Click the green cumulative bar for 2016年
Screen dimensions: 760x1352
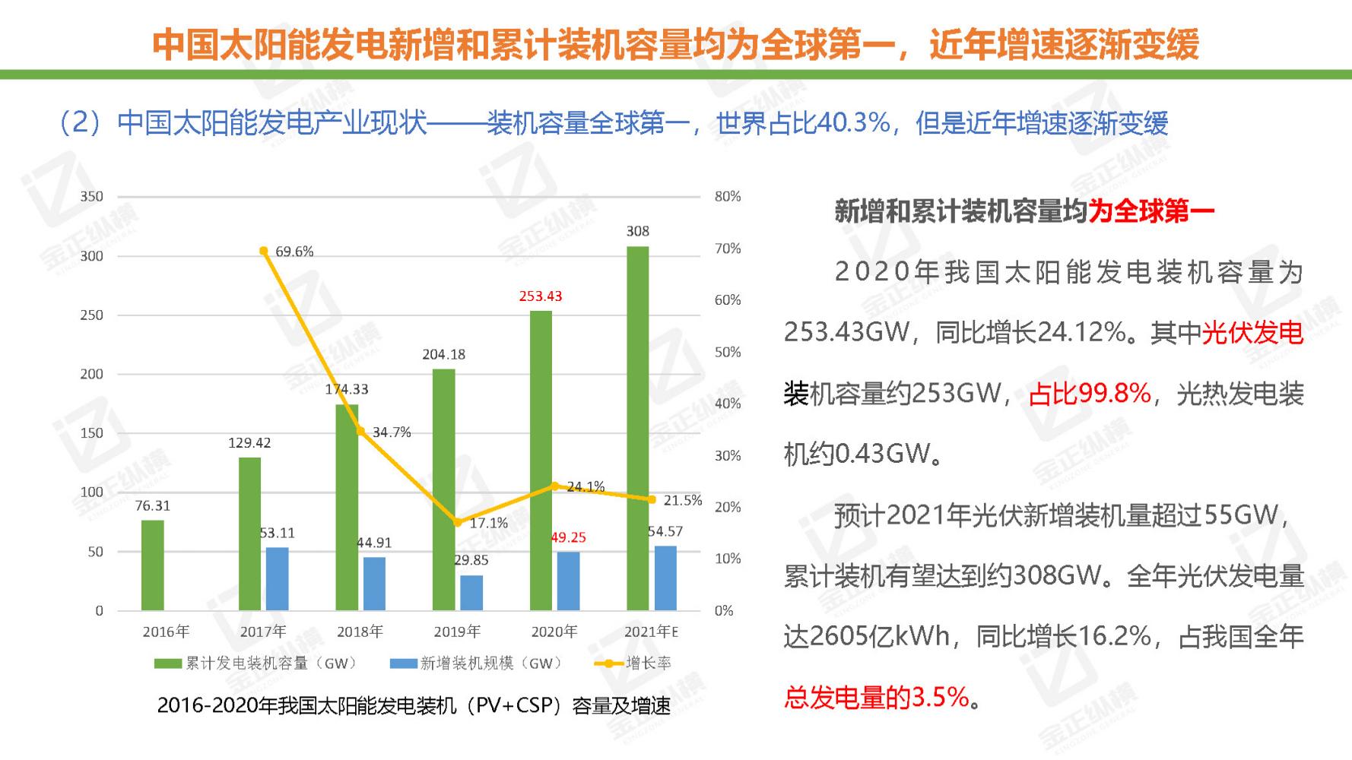[x=152, y=565]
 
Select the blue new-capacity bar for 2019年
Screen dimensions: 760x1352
[x=471, y=592]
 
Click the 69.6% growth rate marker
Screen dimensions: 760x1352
[x=263, y=251]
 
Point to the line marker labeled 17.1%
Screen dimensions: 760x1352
[x=457, y=522]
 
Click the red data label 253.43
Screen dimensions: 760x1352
[x=540, y=296]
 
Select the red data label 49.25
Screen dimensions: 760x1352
[x=568, y=537]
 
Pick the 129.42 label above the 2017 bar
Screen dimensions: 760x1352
[x=249, y=442]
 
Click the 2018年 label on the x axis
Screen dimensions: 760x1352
[x=360, y=632]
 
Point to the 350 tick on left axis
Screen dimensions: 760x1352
[x=91, y=196]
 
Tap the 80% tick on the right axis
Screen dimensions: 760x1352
[x=727, y=196]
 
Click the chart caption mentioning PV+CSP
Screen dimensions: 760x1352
[x=414, y=706]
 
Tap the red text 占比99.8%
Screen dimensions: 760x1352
[x=1089, y=394]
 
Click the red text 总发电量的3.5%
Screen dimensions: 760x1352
[x=876, y=697]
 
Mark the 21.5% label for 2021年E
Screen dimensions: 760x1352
[x=682, y=500]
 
